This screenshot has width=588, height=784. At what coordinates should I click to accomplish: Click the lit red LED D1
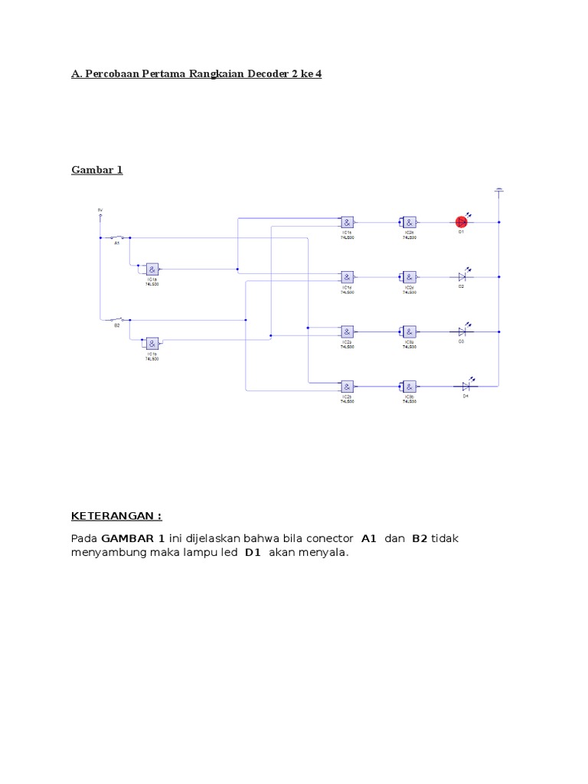click(462, 221)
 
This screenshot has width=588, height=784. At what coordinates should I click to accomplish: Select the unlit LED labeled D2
click(462, 276)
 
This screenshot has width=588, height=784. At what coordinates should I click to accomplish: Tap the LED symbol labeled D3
click(462, 332)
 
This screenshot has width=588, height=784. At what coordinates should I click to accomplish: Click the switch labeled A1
click(117, 237)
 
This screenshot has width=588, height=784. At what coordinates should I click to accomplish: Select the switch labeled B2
click(117, 319)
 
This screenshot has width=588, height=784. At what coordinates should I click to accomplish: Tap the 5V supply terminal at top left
click(100, 215)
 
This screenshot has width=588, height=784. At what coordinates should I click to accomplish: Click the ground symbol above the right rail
click(498, 189)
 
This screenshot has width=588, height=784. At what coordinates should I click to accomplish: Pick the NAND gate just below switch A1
click(152, 269)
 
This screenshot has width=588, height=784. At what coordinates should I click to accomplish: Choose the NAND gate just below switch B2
click(152, 342)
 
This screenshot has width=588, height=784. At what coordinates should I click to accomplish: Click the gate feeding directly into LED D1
click(410, 221)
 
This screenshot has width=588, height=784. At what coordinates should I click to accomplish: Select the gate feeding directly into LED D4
click(410, 386)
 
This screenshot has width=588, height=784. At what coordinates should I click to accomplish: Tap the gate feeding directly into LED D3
click(410, 332)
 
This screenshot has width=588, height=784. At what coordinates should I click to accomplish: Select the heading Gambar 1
click(97, 169)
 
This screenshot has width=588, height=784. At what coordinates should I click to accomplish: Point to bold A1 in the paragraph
click(369, 538)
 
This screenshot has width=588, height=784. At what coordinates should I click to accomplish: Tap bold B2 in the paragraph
click(419, 538)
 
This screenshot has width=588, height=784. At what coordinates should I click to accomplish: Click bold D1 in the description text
click(253, 553)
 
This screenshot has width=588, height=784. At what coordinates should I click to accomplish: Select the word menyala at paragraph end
click(325, 553)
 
